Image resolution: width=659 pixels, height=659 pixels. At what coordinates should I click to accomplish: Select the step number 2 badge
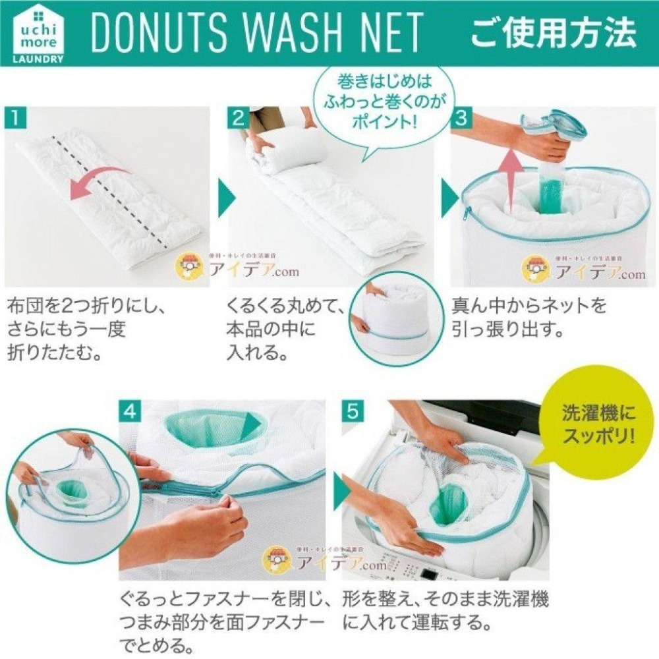(238, 119)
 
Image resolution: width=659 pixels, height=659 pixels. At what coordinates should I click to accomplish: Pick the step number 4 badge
(130, 412)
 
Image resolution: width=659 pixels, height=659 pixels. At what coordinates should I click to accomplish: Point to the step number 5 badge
(353, 412)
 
